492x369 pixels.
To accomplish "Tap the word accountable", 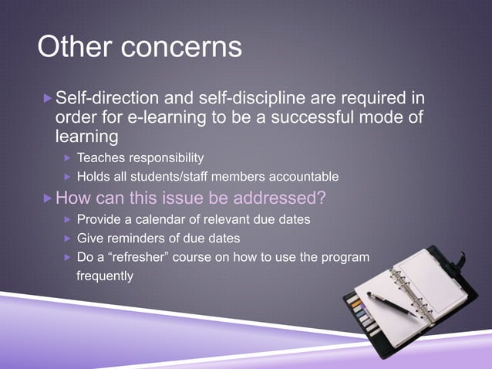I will (x=302, y=177).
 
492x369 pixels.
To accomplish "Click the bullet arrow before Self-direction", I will (x=47, y=99).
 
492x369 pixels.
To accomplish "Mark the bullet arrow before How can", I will (x=47, y=197).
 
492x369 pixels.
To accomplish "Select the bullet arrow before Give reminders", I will (x=67, y=239).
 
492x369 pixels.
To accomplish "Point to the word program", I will (x=346, y=257).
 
